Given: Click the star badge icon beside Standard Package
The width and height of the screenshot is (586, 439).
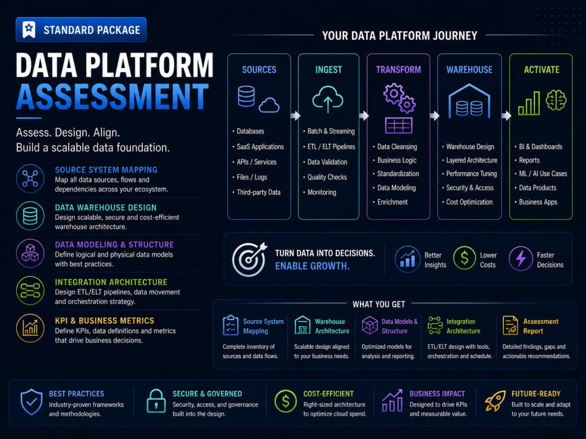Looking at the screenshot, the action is [x=29, y=29].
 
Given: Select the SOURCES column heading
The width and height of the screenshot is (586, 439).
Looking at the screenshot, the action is [x=259, y=70].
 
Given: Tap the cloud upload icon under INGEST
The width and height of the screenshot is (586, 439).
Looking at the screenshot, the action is [x=328, y=100].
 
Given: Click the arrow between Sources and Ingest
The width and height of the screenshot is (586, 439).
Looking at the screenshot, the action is [x=295, y=116].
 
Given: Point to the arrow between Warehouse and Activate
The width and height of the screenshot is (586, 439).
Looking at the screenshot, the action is [x=506, y=116].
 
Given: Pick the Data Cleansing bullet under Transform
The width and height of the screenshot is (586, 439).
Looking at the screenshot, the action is [x=397, y=147].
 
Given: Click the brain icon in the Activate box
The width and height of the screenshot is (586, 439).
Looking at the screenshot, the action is [x=556, y=100].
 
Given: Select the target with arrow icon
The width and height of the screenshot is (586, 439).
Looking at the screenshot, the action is [x=249, y=259].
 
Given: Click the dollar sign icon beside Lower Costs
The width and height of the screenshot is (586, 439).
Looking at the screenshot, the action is [x=464, y=258].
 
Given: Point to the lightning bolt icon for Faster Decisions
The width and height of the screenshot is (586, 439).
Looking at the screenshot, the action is [x=520, y=258].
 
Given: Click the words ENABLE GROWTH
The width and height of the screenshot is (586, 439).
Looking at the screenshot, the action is [x=312, y=266].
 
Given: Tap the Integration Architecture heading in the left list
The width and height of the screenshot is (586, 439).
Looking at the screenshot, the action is [x=111, y=282].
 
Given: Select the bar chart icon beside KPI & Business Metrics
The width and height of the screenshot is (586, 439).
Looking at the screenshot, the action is [x=30, y=328].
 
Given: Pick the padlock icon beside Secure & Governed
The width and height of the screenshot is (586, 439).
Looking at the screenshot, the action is [x=156, y=402].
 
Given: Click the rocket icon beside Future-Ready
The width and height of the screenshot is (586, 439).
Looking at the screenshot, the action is [x=495, y=401].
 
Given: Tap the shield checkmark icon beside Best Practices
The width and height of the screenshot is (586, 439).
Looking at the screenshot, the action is [x=32, y=402].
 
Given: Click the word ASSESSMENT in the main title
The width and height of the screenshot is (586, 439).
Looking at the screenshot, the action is [x=112, y=97].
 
